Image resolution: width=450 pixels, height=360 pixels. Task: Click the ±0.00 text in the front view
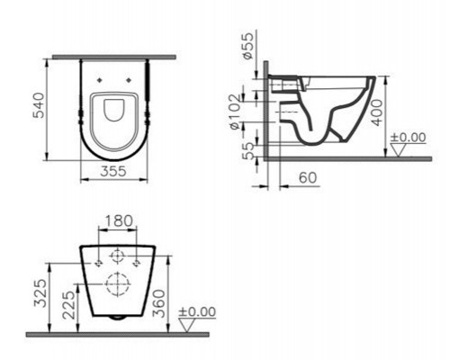pos(199,312)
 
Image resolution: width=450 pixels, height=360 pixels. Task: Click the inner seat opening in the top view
pos(113,111)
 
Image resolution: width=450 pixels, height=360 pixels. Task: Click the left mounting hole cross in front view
pos(94,262)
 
